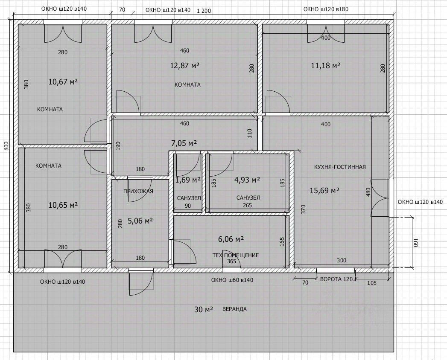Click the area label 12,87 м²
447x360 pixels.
pos(185,66)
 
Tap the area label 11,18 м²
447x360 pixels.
pos(326,66)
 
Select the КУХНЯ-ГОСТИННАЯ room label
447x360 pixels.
pos(340,167)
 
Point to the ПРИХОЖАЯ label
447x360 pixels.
pos(138,191)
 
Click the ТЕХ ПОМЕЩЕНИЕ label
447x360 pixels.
pos(236,255)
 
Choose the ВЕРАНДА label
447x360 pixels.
pos(235,309)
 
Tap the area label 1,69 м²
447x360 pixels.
pos(188,180)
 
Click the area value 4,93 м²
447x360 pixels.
pos(247,180)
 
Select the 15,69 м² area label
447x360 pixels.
pos(325,190)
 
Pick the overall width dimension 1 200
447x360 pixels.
pos(204,11)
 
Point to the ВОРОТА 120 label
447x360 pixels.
pos(336,279)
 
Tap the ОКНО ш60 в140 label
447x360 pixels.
pos(232,280)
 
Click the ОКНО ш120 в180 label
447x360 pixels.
pos(326,9)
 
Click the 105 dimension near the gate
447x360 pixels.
pos(372,283)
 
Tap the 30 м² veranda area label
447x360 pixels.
pos(204,309)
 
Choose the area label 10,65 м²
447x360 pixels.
pos(63,205)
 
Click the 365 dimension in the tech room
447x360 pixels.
pos(231,261)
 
